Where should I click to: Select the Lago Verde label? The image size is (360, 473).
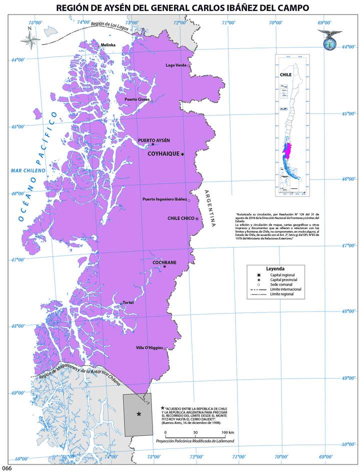(x=175, y=65)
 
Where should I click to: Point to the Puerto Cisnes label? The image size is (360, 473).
(x=137, y=99)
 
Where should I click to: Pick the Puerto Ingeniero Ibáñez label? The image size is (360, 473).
(x=164, y=200)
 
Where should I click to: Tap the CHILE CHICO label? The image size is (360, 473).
(x=180, y=218)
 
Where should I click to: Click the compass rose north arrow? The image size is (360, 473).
(x=30, y=41)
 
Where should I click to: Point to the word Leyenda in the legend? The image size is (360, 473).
(x=275, y=268)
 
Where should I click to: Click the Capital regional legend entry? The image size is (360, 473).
(x=282, y=275)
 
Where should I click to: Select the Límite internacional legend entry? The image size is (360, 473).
(x=285, y=289)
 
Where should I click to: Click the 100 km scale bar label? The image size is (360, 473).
(x=228, y=432)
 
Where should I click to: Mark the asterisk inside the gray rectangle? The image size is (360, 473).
(x=139, y=414)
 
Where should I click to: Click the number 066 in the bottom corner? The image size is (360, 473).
(x=6, y=468)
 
